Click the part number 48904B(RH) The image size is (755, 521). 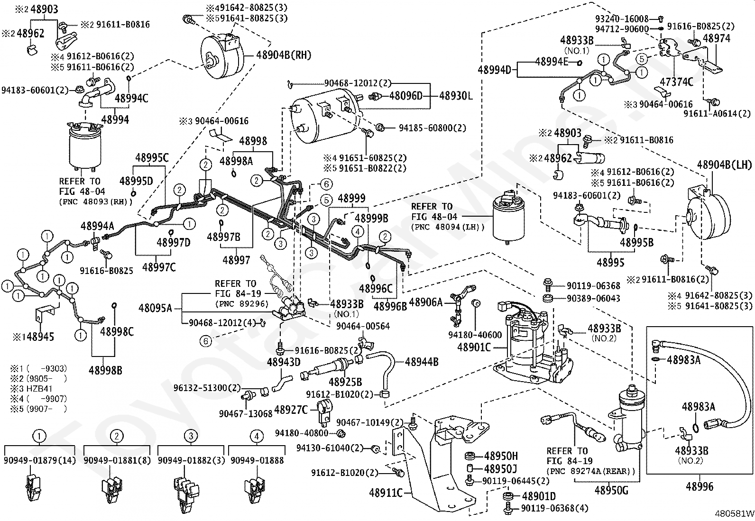[x=284, y=55]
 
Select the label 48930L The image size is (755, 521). [x=456, y=96]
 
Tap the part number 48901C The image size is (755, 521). [x=474, y=347]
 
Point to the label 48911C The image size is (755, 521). [x=386, y=493]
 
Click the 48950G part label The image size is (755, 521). [x=611, y=490]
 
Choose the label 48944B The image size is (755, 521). [x=422, y=362]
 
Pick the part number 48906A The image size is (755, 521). [x=426, y=302]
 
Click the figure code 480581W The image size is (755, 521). [x=735, y=513]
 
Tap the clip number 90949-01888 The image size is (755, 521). [x=257, y=460]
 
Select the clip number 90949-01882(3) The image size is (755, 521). [x=191, y=460]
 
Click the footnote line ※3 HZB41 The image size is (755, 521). [x=31, y=389]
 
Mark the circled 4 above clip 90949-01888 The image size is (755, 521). [x=257, y=437]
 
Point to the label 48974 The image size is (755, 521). [x=717, y=38]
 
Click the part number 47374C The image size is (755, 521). [x=676, y=82]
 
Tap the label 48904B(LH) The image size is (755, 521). [x=725, y=165]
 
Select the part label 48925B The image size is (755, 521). [x=345, y=382]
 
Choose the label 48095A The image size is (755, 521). [x=155, y=308]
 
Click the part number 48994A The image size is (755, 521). [x=97, y=226]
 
